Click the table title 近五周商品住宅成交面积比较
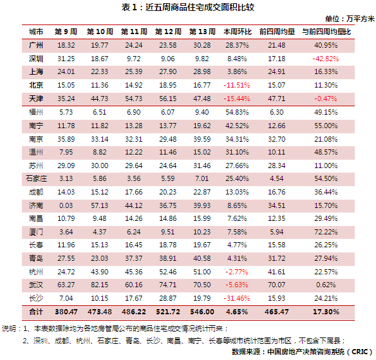coord(200,8)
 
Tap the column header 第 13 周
coord(202,32)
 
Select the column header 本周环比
coord(238,32)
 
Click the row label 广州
coord(36,45)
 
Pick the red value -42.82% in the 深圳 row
coord(326,59)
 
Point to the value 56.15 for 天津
coord(168,99)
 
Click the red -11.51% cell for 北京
coord(237,85)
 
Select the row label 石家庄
coord(36,178)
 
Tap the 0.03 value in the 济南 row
coord(66,205)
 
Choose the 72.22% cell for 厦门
coord(326,232)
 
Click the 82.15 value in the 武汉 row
coord(100,285)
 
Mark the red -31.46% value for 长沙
coord(237,298)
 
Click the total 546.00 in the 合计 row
coord(202,312)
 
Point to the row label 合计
coord(36,312)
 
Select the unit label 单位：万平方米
coord(350,19)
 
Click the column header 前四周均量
coord(277,32)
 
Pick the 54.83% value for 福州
coord(237,112)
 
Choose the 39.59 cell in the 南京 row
coord(202,139)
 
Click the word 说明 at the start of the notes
coord(9,328)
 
